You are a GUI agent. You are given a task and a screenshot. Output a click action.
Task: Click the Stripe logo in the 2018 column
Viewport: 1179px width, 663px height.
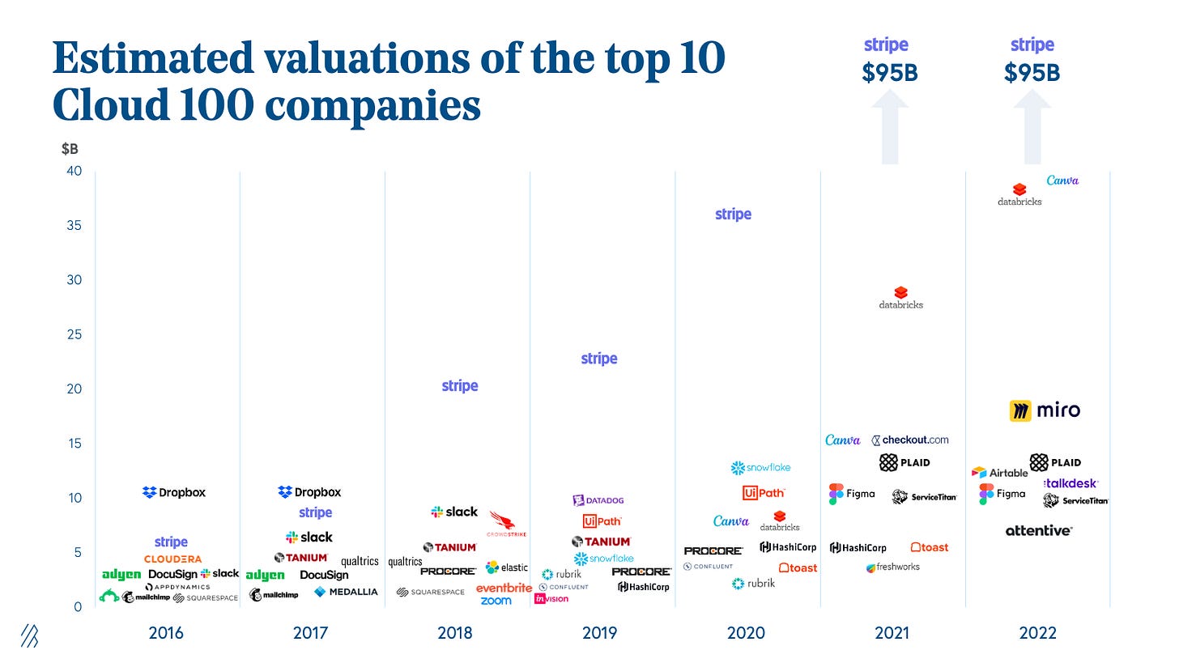coord(460,386)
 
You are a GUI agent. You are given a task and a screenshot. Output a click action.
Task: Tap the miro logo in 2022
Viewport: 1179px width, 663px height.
coord(1045,410)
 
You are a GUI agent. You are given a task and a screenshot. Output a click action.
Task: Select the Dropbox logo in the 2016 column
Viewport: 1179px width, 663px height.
coord(174,492)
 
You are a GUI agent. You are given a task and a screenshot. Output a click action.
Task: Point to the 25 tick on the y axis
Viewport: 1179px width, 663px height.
coord(74,334)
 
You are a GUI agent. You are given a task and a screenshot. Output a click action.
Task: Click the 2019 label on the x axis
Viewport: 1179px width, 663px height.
coord(599,633)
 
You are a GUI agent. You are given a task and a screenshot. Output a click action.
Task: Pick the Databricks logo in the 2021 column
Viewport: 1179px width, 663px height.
coord(900,298)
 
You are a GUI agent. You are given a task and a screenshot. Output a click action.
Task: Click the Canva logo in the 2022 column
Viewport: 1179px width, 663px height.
coord(1062,181)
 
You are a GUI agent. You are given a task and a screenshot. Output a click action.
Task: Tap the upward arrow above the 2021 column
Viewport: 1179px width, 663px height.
coord(890,130)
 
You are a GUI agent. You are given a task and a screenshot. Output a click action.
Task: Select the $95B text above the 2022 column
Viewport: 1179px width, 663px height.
coord(1032,73)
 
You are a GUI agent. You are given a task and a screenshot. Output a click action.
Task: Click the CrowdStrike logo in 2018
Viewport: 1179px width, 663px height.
coord(506,525)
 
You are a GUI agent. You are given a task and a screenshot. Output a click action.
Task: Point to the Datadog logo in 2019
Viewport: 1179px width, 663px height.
coord(598,500)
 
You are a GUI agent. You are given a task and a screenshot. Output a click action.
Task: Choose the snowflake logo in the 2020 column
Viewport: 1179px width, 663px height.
coord(760,468)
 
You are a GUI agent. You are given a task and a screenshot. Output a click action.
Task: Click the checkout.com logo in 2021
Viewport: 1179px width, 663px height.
coord(909,440)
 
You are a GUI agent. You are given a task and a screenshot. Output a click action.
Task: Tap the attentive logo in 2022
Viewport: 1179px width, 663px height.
coord(1038,531)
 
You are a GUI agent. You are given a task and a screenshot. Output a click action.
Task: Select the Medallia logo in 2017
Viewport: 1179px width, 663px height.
coord(346,592)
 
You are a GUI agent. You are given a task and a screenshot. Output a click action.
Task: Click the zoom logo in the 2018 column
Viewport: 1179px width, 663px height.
coord(496,601)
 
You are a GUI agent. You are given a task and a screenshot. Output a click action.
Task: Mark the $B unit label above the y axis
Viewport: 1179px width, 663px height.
coord(70,149)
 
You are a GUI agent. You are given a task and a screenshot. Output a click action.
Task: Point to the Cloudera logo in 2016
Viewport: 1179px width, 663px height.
coord(172,559)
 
